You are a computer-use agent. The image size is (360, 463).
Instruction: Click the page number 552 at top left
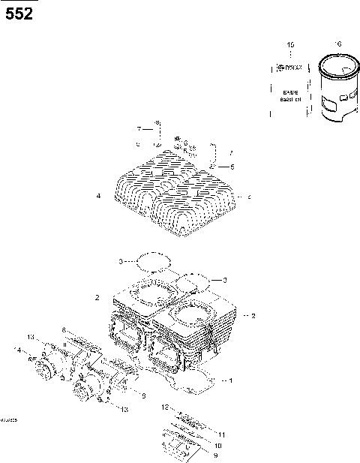click(19, 13)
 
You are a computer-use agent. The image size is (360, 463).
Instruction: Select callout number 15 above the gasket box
click(292, 46)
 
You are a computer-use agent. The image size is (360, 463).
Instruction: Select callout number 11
click(221, 434)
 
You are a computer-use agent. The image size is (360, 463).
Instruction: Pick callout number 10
click(217, 445)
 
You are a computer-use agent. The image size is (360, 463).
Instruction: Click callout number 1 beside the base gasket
click(231, 380)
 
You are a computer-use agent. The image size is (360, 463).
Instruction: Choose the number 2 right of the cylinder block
click(253, 316)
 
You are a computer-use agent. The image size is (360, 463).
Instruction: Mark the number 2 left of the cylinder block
click(97, 298)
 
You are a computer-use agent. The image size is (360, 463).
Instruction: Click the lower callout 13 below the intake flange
click(124, 409)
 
